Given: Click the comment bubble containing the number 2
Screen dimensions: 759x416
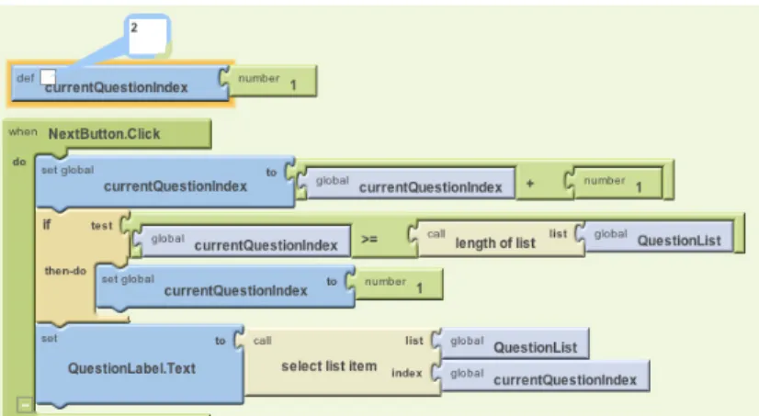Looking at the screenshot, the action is coord(147,37).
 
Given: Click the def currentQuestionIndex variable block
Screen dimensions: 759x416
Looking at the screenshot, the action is coord(119,84).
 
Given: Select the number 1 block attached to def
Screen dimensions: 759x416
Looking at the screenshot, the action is coord(273,81).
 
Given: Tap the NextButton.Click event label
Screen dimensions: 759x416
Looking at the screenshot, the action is coord(104,133).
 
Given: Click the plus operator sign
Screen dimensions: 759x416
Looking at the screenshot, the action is coord(530,184).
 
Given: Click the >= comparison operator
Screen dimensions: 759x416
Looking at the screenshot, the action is coord(368,239).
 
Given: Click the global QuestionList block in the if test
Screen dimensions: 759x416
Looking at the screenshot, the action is coord(659,237).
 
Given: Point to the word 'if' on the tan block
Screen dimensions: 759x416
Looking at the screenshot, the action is coord(47,224).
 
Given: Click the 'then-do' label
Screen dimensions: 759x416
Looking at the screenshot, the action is coord(65,271).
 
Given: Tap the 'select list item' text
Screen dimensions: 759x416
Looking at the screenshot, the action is coord(329,366).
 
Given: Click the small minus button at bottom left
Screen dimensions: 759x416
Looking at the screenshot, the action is coord(25,404).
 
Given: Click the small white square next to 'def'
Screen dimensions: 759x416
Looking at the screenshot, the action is coord(48,76).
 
